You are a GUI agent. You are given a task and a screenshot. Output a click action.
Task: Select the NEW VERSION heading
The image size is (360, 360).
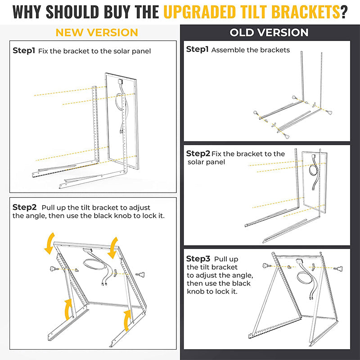coord(96,32)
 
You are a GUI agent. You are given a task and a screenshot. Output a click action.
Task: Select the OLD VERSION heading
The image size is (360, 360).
coord(269,32)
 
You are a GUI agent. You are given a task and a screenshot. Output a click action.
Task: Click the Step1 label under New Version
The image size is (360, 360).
coord(24,50)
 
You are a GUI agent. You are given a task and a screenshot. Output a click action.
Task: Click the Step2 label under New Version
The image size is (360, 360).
coord(24,207)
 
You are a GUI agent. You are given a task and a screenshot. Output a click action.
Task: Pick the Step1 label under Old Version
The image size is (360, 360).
coord(198,49)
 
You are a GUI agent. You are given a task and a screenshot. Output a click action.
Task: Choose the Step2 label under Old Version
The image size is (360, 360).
coord(198,154)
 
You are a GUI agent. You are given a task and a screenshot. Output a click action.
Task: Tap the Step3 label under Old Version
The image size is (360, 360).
coord(198,259)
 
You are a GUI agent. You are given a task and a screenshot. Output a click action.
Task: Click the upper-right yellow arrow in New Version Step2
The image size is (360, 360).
coord(113,245)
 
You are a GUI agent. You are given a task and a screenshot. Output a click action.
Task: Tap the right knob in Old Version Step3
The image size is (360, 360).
coord(338,269)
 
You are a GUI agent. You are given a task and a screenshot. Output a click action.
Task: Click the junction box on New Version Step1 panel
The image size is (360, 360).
coord(121,81)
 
